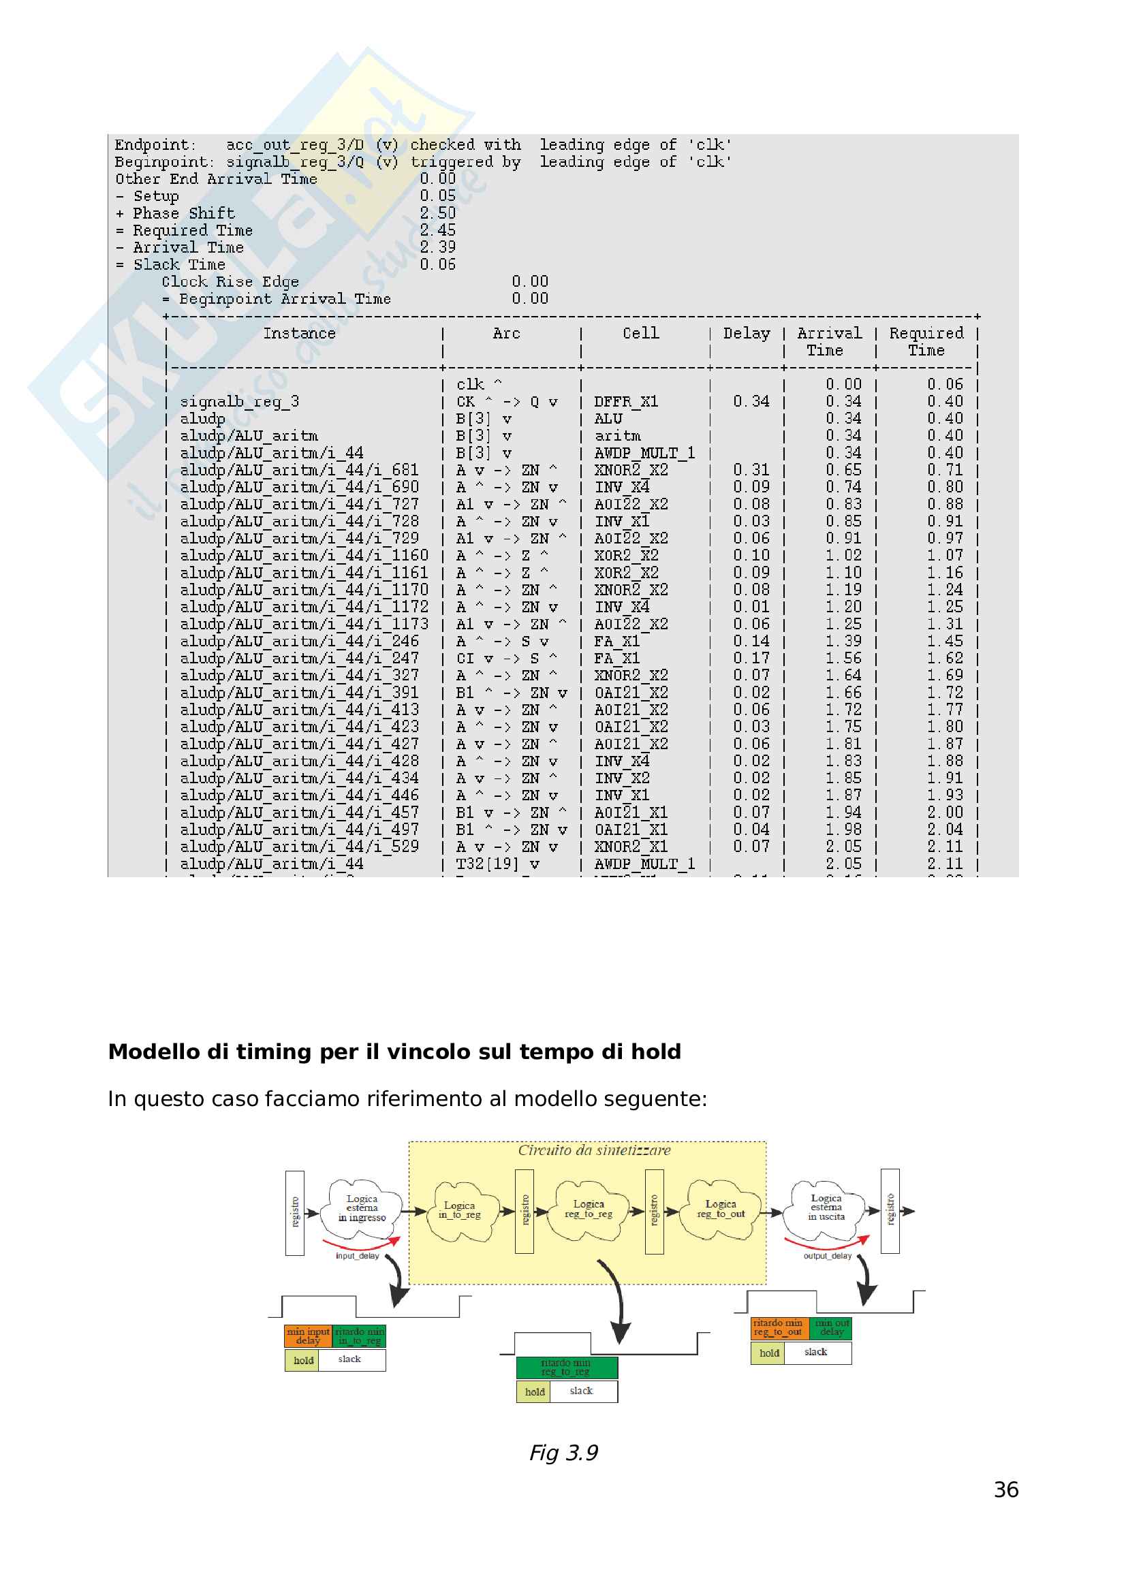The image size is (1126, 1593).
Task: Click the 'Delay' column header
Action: coord(746,334)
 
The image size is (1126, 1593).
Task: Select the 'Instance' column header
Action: coord(299,334)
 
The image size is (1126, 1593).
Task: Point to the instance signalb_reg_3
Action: coord(239,402)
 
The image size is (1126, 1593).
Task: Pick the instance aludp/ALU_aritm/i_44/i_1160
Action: coord(304,556)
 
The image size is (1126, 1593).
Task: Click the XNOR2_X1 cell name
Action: coord(631,847)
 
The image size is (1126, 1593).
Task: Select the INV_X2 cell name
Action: coord(622,778)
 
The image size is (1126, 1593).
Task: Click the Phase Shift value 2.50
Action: coord(438,213)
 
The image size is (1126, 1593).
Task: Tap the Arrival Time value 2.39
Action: coord(438,247)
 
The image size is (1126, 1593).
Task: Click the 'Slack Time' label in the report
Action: coord(179,264)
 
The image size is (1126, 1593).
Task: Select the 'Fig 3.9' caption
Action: coord(563,1452)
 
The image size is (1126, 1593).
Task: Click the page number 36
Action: coord(1005,1489)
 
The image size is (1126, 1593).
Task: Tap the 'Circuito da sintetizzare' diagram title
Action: coord(594,1150)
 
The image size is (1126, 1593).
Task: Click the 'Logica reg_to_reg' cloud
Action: coord(589,1210)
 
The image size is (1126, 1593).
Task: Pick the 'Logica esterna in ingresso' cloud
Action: coord(362,1208)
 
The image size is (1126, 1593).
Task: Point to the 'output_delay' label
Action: coord(827,1256)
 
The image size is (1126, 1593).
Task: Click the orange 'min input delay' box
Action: coord(308,1336)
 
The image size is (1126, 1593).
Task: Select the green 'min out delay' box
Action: coord(831,1327)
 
